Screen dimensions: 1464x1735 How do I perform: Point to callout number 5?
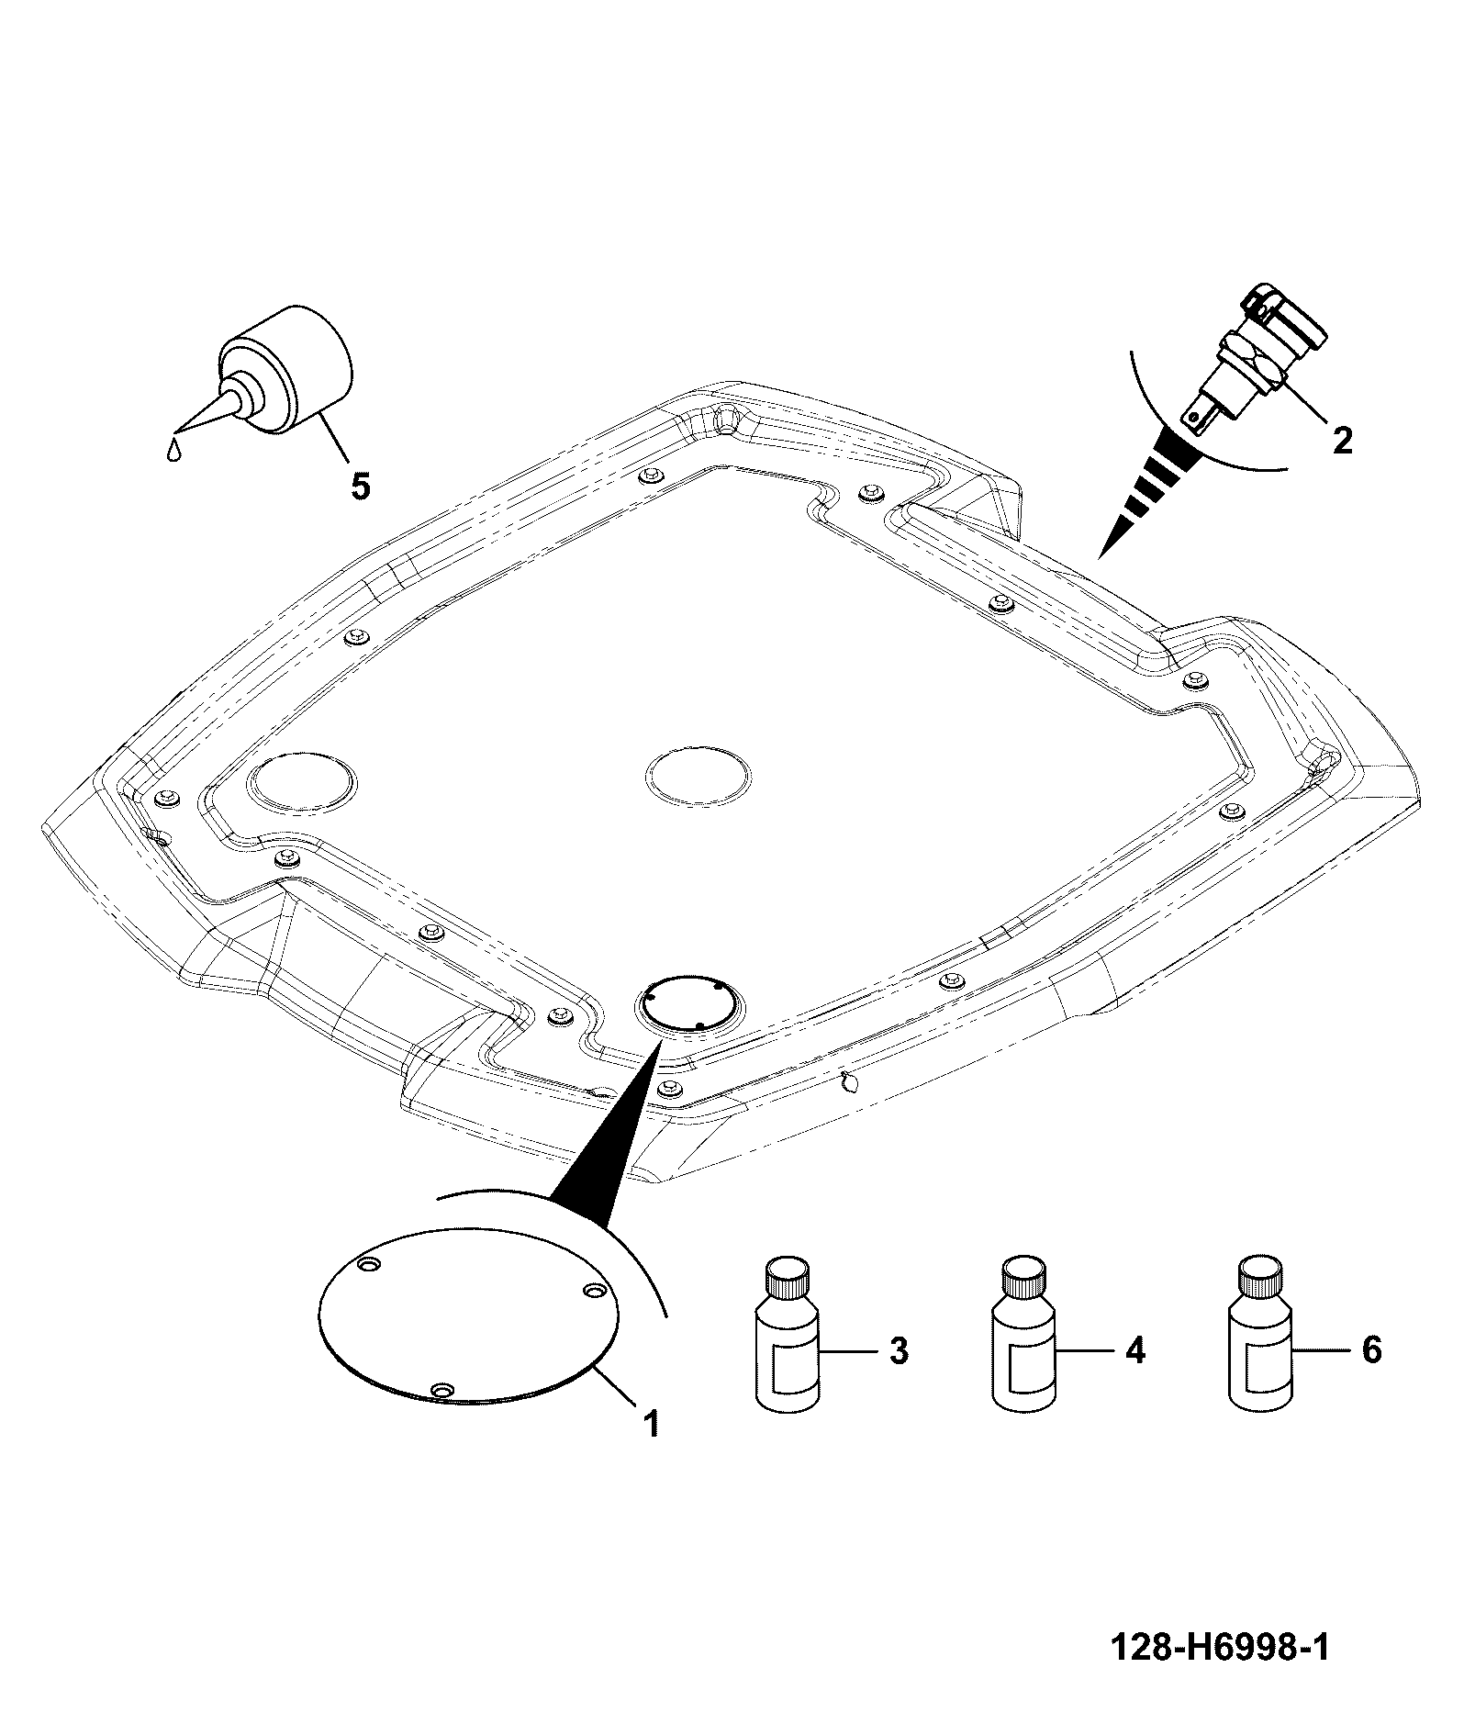(x=361, y=486)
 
